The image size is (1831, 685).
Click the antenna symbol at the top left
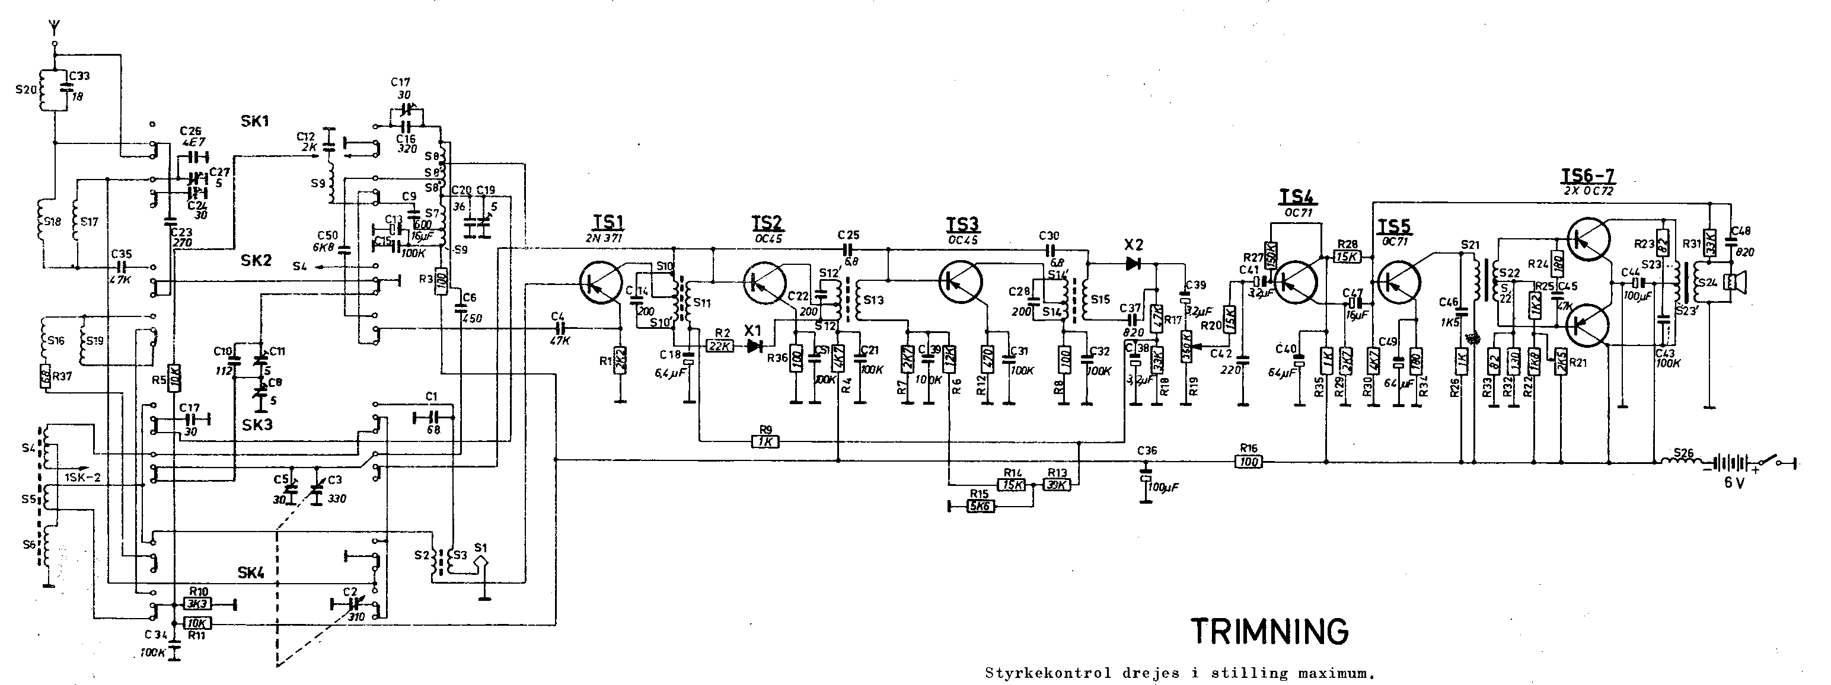coord(55,28)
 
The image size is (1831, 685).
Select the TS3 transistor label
coord(961,225)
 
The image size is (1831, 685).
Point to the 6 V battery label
coord(1734,482)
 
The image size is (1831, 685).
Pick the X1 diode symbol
coord(751,346)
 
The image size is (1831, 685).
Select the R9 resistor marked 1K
coord(765,442)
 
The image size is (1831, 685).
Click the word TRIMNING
coord(1269,631)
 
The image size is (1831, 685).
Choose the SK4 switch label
coord(251,573)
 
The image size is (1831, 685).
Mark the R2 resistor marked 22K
coord(720,346)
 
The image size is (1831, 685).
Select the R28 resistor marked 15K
coord(1348,257)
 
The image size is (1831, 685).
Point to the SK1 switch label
coord(254,121)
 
